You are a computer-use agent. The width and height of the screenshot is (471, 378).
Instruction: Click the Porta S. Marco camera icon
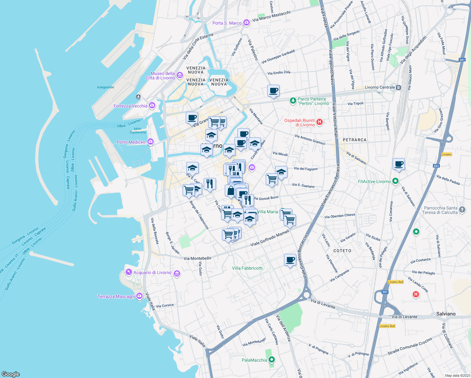click(247, 23)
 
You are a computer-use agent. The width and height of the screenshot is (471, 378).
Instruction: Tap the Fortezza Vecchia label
click(130, 106)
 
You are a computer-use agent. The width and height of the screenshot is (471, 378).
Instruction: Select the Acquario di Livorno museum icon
click(177, 273)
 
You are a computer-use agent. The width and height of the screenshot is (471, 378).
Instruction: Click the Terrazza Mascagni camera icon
click(139, 297)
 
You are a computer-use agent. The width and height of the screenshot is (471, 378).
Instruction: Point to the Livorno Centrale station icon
click(399, 87)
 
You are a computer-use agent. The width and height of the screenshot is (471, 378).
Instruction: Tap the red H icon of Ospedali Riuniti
click(320, 122)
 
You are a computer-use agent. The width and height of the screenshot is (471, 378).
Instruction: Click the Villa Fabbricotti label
click(247, 268)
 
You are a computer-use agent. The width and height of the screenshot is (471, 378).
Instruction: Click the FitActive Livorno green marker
click(396, 181)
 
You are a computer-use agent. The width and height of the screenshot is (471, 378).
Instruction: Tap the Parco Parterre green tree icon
click(293, 101)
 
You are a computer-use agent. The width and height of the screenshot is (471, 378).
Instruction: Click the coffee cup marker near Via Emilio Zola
click(273, 91)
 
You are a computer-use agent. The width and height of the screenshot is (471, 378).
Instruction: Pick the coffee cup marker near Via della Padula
click(399, 164)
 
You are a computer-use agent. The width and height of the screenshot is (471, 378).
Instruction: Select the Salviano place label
click(446, 314)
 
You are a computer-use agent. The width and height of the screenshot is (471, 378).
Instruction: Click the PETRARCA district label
click(355, 140)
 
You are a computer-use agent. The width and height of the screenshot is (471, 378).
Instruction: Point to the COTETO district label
click(342, 251)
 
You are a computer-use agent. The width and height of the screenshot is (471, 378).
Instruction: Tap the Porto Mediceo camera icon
click(150, 142)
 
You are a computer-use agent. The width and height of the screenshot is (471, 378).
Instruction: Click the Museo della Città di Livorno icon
click(180, 75)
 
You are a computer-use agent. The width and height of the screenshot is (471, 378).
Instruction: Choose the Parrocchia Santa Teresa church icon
click(462, 210)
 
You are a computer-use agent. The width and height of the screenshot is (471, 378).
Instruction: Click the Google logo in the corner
click(10, 374)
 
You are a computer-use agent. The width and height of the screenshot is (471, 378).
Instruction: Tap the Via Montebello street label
click(197, 258)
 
